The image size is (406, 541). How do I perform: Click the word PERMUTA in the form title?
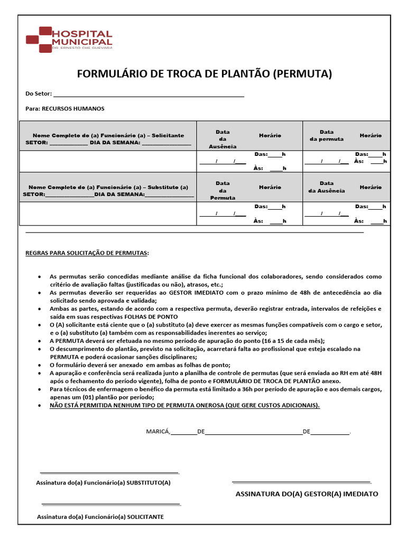tap(302, 74)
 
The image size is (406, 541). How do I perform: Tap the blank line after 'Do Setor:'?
tap(148, 96)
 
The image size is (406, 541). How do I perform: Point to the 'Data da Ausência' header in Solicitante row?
tap(223, 139)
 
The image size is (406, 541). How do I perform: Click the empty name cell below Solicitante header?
tap(108, 162)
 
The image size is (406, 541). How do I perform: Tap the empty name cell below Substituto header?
tap(108, 213)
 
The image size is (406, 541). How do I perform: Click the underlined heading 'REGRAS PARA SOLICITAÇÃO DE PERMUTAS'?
tap(87, 253)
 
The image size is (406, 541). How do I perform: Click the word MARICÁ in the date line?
tap(158, 432)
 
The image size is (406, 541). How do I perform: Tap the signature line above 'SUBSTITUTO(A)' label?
tap(109, 472)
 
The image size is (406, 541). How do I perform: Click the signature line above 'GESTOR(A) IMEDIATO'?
tap(301, 482)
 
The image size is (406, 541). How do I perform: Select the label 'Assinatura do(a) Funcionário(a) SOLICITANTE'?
tap(99, 517)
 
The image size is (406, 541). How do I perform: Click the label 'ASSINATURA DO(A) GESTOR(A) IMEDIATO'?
tap(307, 494)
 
